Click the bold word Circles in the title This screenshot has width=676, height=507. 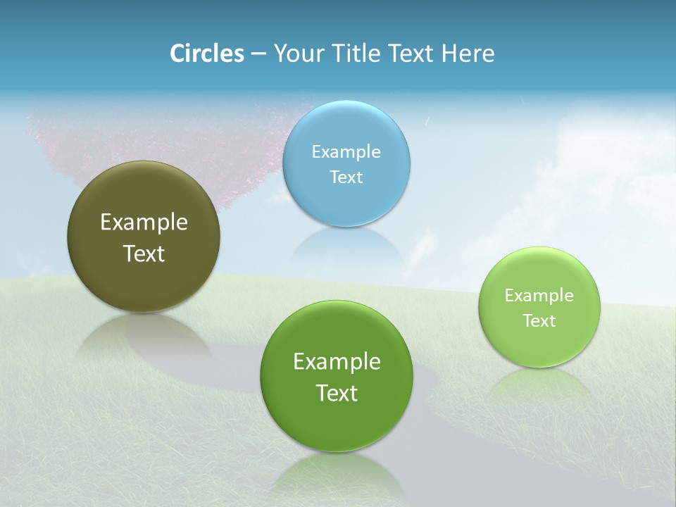click(x=206, y=54)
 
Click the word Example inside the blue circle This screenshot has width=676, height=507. click(x=346, y=151)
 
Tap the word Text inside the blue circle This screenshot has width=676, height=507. click(x=346, y=177)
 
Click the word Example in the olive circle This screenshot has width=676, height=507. click(x=144, y=222)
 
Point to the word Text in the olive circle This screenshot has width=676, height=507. click(x=144, y=254)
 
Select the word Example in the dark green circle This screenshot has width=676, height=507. click(x=336, y=361)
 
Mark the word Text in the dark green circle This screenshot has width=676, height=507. click(x=336, y=393)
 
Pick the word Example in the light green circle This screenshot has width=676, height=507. click(x=539, y=295)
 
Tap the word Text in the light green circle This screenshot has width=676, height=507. click(x=539, y=320)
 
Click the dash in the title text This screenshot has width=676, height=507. click(x=258, y=54)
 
